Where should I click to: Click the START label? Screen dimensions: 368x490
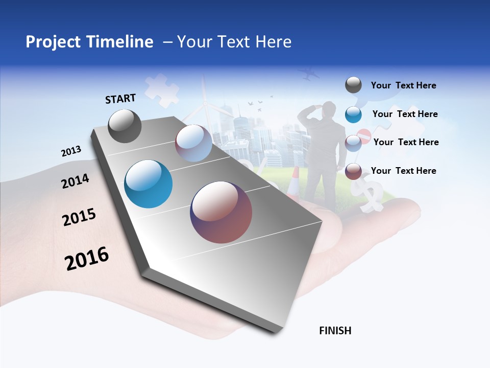click(120, 99)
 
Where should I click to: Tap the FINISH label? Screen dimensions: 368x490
click(335, 331)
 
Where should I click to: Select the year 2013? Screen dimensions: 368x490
click(71, 151)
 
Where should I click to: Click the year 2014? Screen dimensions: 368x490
click(75, 181)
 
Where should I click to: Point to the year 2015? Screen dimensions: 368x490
click(79, 217)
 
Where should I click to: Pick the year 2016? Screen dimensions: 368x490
click(87, 259)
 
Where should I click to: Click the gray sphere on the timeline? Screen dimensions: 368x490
click(125, 126)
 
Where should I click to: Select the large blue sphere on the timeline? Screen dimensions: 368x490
click(148, 184)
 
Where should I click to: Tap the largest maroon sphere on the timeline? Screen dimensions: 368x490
click(221, 212)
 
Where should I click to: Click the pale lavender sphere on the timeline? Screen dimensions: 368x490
click(193, 143)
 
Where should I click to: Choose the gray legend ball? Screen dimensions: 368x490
click(353, 85)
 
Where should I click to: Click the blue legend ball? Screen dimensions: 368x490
click(353, 114)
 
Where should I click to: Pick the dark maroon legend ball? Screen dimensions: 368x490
click(353, 171)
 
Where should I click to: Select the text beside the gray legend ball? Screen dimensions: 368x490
click(403, 85)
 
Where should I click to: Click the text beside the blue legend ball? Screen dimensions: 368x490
click(405, 114)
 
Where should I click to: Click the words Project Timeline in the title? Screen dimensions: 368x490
click(89, 42)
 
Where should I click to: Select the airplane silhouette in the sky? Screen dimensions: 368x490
click(310, 75)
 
